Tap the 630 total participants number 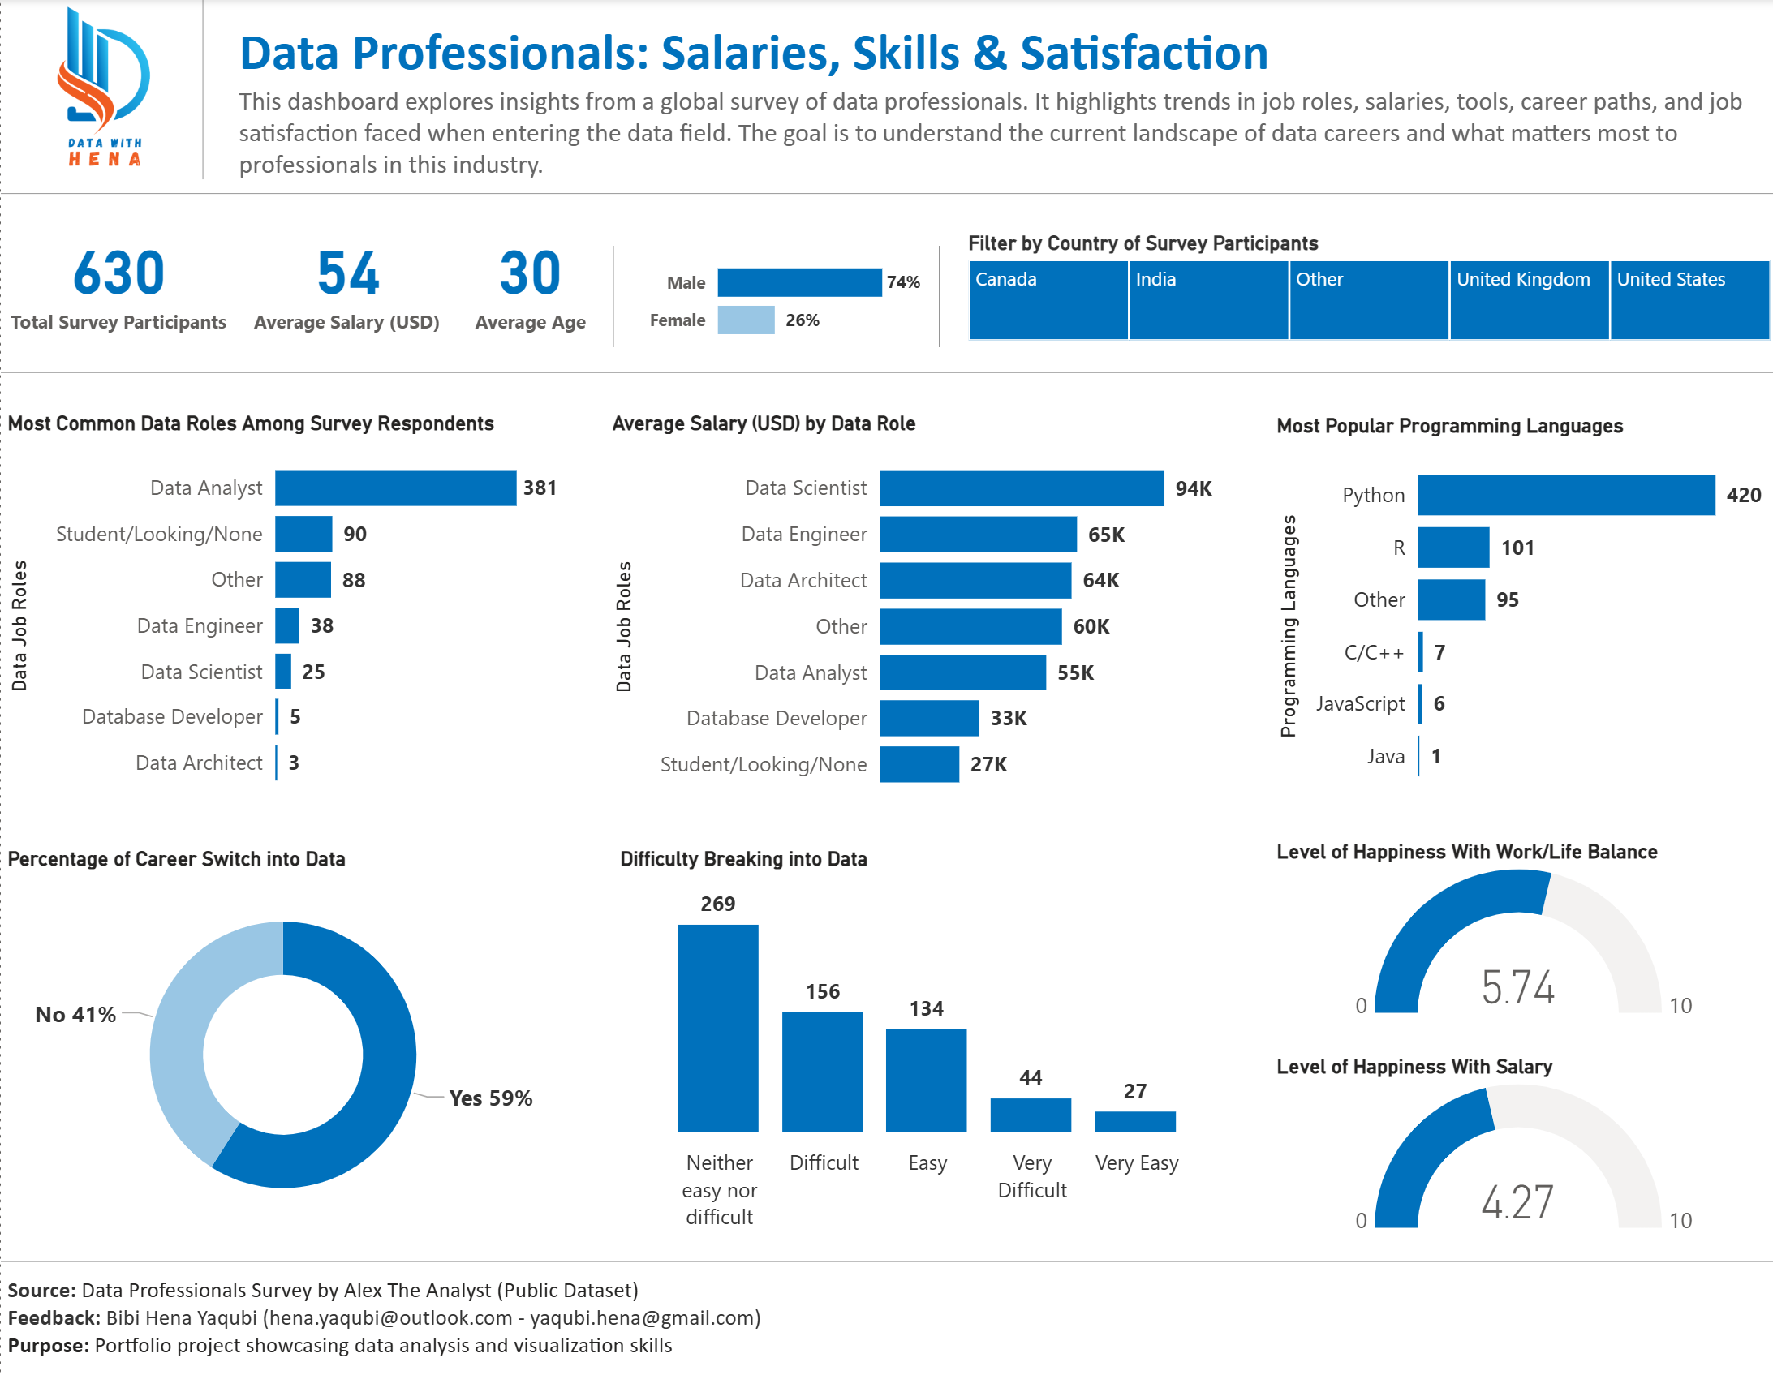[x=118, y=273]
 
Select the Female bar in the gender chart [x=745, y=320]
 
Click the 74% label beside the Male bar [x=903, y=282]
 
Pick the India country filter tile [x=1207, y=299]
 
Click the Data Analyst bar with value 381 [x=395, y=488]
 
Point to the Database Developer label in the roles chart [x=172, y=717]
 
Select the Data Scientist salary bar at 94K [x=1022, y=488]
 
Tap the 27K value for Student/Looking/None [x=988, y=765]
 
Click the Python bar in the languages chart [x=1565, y=495]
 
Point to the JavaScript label [x=1360, y=704]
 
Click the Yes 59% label [x=490, y=1098]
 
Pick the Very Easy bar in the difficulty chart [x=1134, y=1121]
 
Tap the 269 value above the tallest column [x=717, y=904]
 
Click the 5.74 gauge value [x=1517, y=987]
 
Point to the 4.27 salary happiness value [x=1517, y=1202]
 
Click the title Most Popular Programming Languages [x=1449, y=426]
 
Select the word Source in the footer [x=41, y=1291]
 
